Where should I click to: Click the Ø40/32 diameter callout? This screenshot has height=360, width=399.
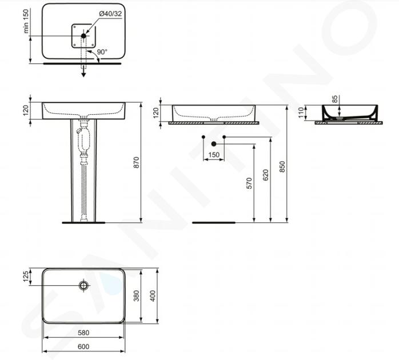[x=110, y=14]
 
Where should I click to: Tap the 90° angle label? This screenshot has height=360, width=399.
[x=102, y=52]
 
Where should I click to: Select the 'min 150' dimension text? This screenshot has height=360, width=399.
[x=26, y=21]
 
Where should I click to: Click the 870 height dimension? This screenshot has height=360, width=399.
[x=137, y=162]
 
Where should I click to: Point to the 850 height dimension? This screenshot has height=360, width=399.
[x=282, y=167]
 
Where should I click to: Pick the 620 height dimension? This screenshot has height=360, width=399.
[x=266, y=175]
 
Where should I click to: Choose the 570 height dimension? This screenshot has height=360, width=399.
[x=249, y=183]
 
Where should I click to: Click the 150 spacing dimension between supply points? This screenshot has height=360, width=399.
[x=214, y=155]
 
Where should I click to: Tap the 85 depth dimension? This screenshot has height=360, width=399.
[x=335, y=99]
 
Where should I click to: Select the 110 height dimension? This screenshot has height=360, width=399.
[x=301, y=113]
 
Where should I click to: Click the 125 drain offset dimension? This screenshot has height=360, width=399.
[x=26, y=277]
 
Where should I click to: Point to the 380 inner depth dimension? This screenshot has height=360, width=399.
[x=137, y=296]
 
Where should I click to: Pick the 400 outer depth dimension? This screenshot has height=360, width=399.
[x=153, y=296]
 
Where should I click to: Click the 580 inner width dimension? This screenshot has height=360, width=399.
[x=83, y=333]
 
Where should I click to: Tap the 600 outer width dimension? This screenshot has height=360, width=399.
[x=83, y=346]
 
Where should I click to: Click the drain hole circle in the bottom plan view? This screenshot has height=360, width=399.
[x=83, y=286]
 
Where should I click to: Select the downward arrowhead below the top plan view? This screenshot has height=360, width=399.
[x=83, y=74]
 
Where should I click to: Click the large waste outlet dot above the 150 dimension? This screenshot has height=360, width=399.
[x=214, y=144]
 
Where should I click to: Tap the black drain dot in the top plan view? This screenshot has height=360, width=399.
[x=83, y=36]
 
